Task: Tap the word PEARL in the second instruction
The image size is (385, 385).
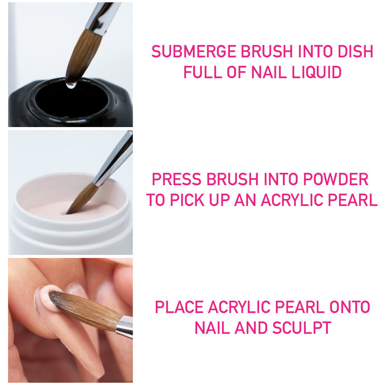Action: pos(353,200)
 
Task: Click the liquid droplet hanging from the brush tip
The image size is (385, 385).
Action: pos(71,85)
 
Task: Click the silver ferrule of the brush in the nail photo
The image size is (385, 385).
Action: pos(124,327)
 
